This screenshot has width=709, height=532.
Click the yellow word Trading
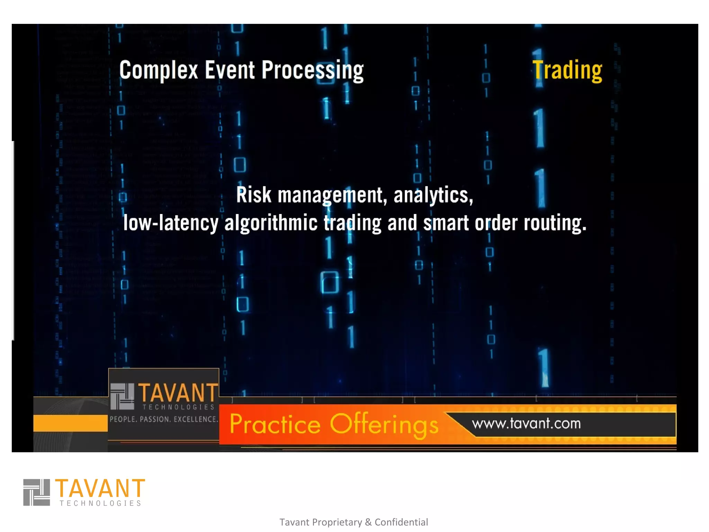(x=567, y=70)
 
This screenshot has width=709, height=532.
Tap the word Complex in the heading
(x=159, y=70)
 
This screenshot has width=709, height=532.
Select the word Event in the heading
(x=230, y=70)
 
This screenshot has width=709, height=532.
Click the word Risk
(x=253, y=195)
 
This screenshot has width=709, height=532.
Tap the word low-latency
(x=171, y=223)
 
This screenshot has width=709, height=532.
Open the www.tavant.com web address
(x=526, y=424)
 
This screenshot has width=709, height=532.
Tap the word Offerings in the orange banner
(x=384, y=425)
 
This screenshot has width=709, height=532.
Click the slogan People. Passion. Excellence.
(x=164, y=419)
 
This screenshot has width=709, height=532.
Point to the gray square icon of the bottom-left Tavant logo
(x=37, y=492)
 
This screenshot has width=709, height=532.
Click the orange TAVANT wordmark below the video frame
(x=100, y=488)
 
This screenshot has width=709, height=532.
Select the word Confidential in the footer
(x=401, y=522)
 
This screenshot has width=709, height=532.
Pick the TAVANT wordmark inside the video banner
(x=178, y=393)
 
